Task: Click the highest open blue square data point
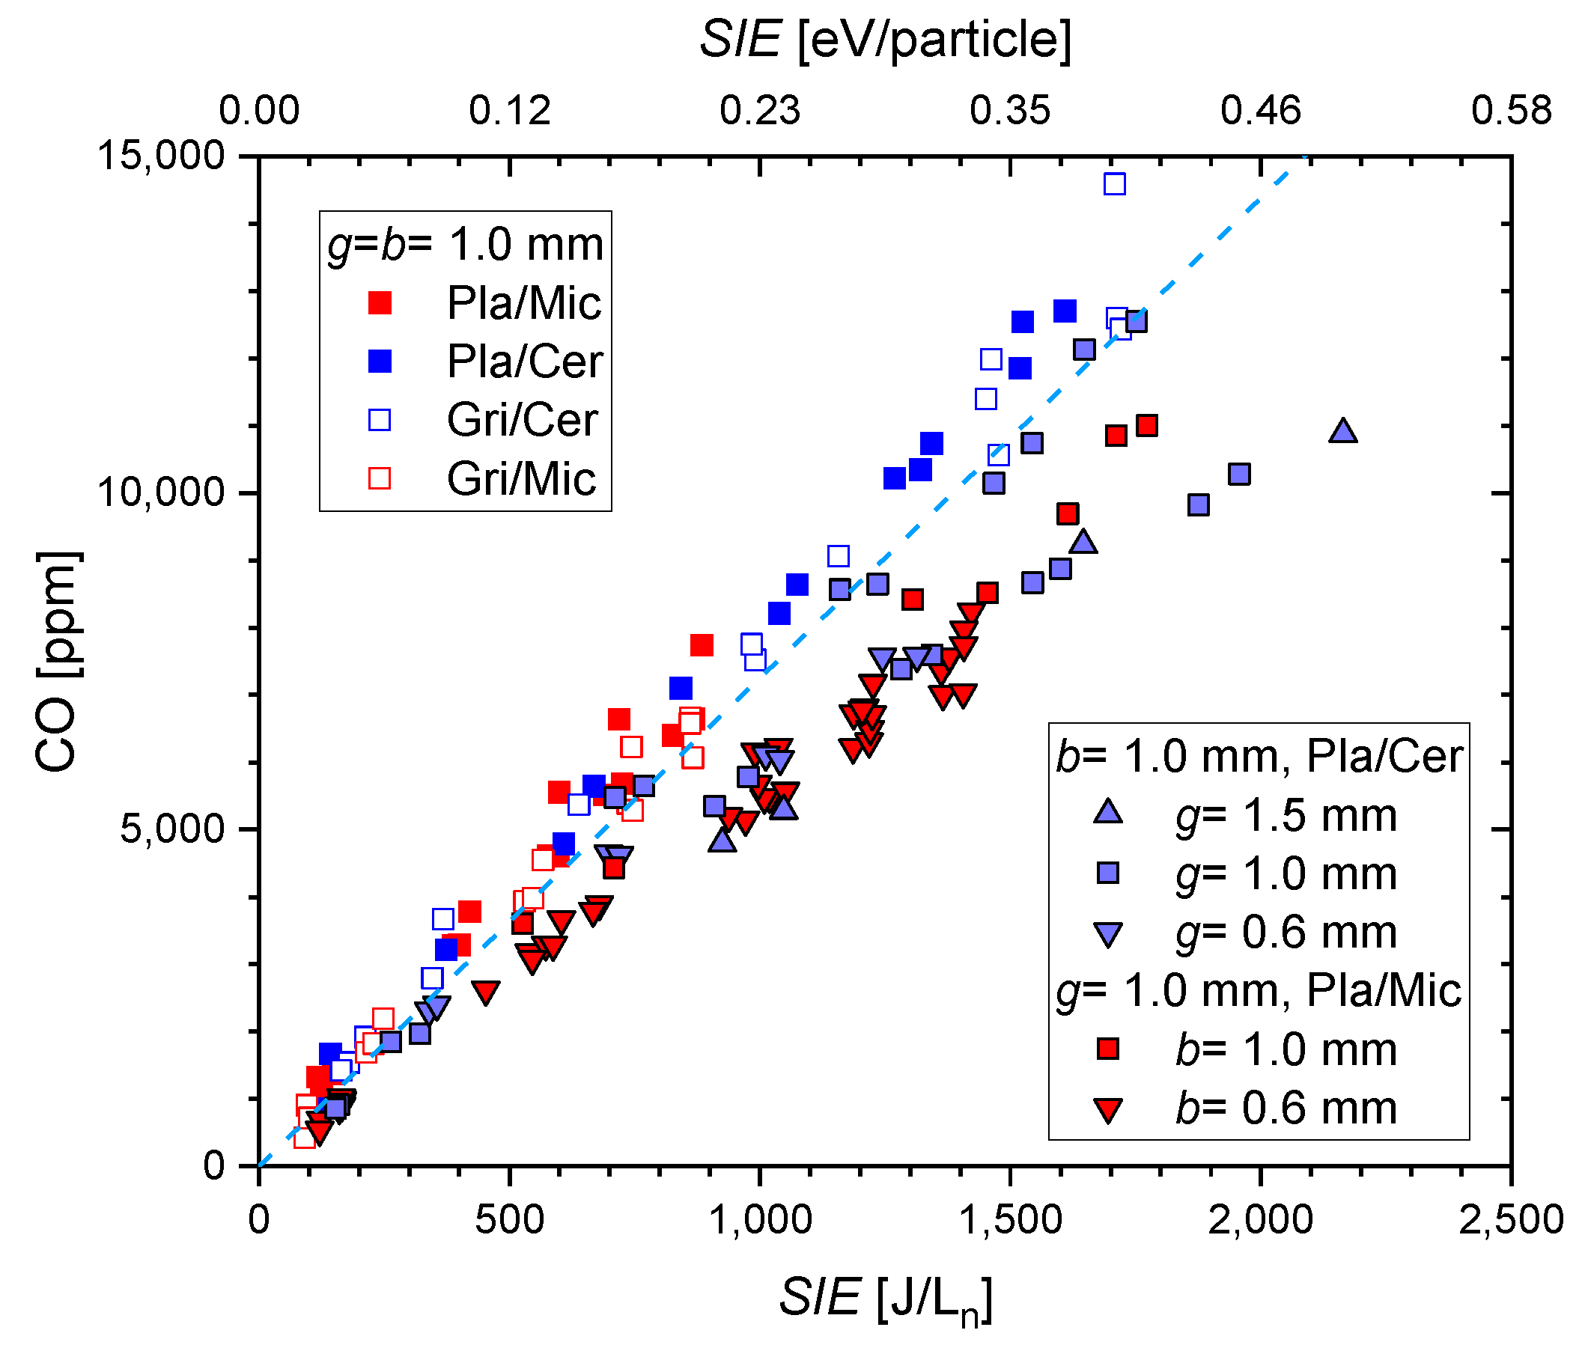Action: [1113, 183]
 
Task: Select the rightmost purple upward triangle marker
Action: [1342, 432]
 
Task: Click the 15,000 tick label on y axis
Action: [159, 155]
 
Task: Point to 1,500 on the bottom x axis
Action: [1009, 1219]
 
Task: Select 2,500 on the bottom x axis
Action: [1510, 1219]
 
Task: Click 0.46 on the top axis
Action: [1259, 110]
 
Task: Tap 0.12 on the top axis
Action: [509, 110]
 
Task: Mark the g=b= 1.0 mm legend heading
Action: [465, 245]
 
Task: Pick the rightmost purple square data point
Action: [1238, 475]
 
